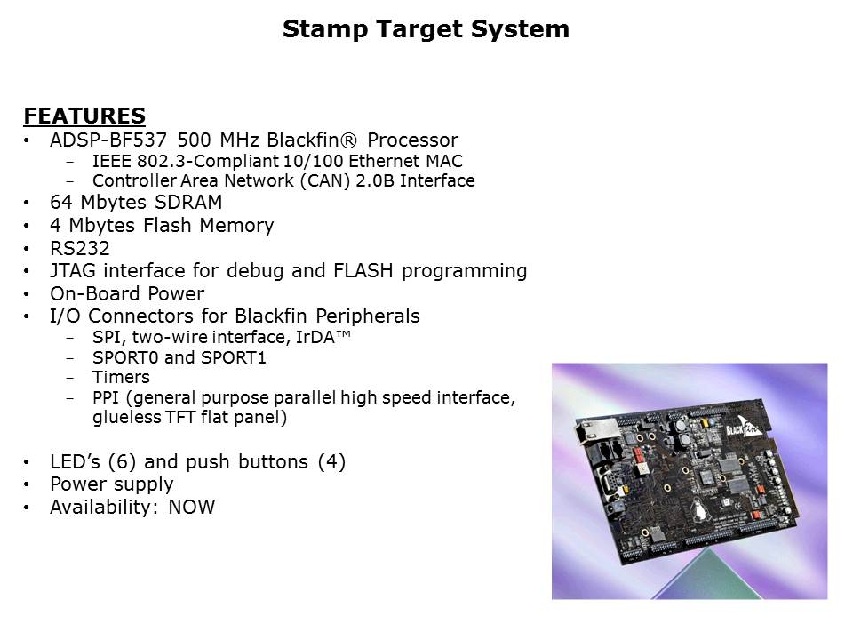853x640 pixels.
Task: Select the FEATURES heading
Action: click(x=84, y=116)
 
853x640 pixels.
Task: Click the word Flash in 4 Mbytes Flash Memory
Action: click(x=183, y=226)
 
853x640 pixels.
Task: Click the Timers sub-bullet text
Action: click(x=121, y=378)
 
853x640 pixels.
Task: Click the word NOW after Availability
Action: click(x=191, y=508)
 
